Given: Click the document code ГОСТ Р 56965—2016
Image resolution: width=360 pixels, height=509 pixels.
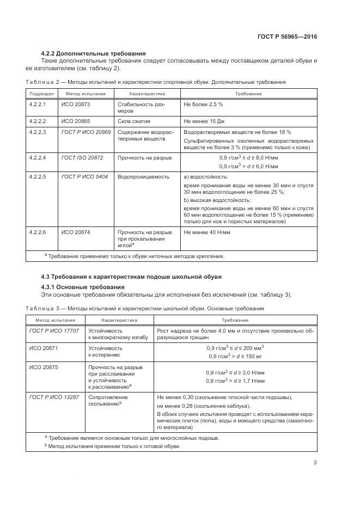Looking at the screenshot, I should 287,36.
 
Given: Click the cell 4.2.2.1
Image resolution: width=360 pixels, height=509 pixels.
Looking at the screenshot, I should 38,103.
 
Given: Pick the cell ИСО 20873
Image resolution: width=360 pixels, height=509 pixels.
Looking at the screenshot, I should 75,103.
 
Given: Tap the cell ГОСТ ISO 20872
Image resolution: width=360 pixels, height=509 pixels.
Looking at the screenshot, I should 82,157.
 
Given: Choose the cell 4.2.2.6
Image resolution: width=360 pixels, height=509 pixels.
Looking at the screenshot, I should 38,232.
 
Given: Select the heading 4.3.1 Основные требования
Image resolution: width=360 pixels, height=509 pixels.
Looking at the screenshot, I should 83,287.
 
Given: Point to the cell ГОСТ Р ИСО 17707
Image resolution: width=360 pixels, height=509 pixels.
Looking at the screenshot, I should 54,330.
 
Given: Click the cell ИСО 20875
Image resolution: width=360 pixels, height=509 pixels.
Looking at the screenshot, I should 44,367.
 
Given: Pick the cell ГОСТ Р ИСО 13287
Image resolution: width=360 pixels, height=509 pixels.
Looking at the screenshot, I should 54,397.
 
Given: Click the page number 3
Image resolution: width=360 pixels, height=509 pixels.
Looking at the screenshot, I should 315,463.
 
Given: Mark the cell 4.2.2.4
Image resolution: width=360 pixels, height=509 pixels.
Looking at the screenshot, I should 38,157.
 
